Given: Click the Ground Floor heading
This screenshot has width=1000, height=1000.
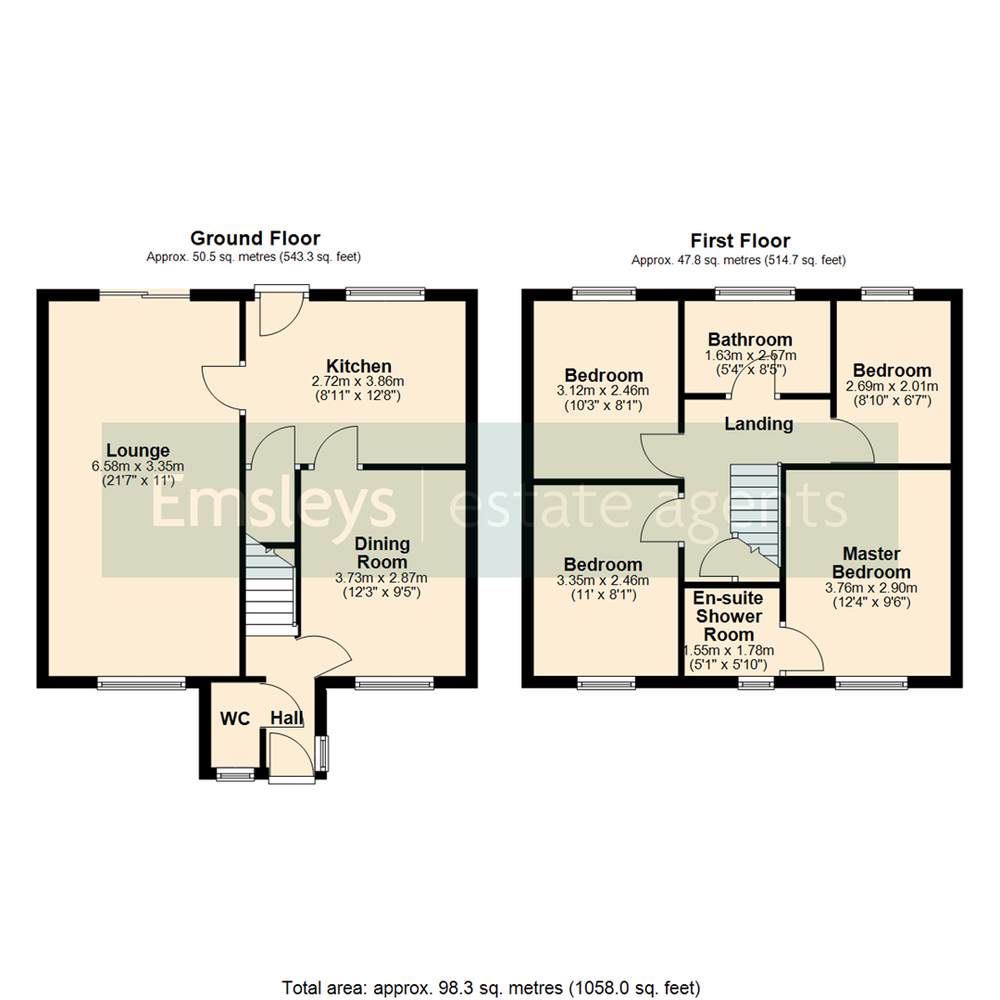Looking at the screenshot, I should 255,239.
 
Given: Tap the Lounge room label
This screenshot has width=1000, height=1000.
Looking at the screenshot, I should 137,451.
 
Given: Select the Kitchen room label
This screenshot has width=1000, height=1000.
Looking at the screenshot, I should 359,366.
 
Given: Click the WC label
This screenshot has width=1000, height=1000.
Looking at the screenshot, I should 236,719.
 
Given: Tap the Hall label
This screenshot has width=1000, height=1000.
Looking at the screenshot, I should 287,719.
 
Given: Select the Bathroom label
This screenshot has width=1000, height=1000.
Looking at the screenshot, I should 750,339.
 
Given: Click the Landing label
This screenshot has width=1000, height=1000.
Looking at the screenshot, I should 758,424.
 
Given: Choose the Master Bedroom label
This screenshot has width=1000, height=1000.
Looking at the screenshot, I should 870,563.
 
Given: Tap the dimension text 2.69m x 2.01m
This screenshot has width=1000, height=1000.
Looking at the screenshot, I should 892,386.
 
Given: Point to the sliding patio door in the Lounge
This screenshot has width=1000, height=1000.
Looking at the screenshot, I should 144,295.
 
